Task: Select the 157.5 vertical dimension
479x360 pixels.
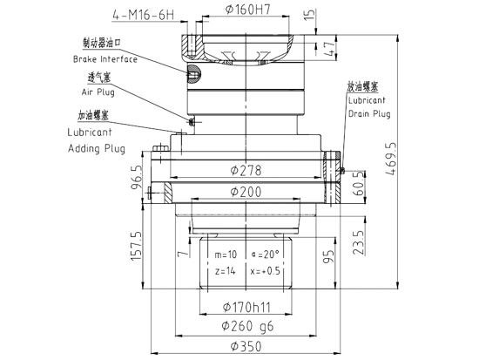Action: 135,248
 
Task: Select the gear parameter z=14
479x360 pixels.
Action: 226,271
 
